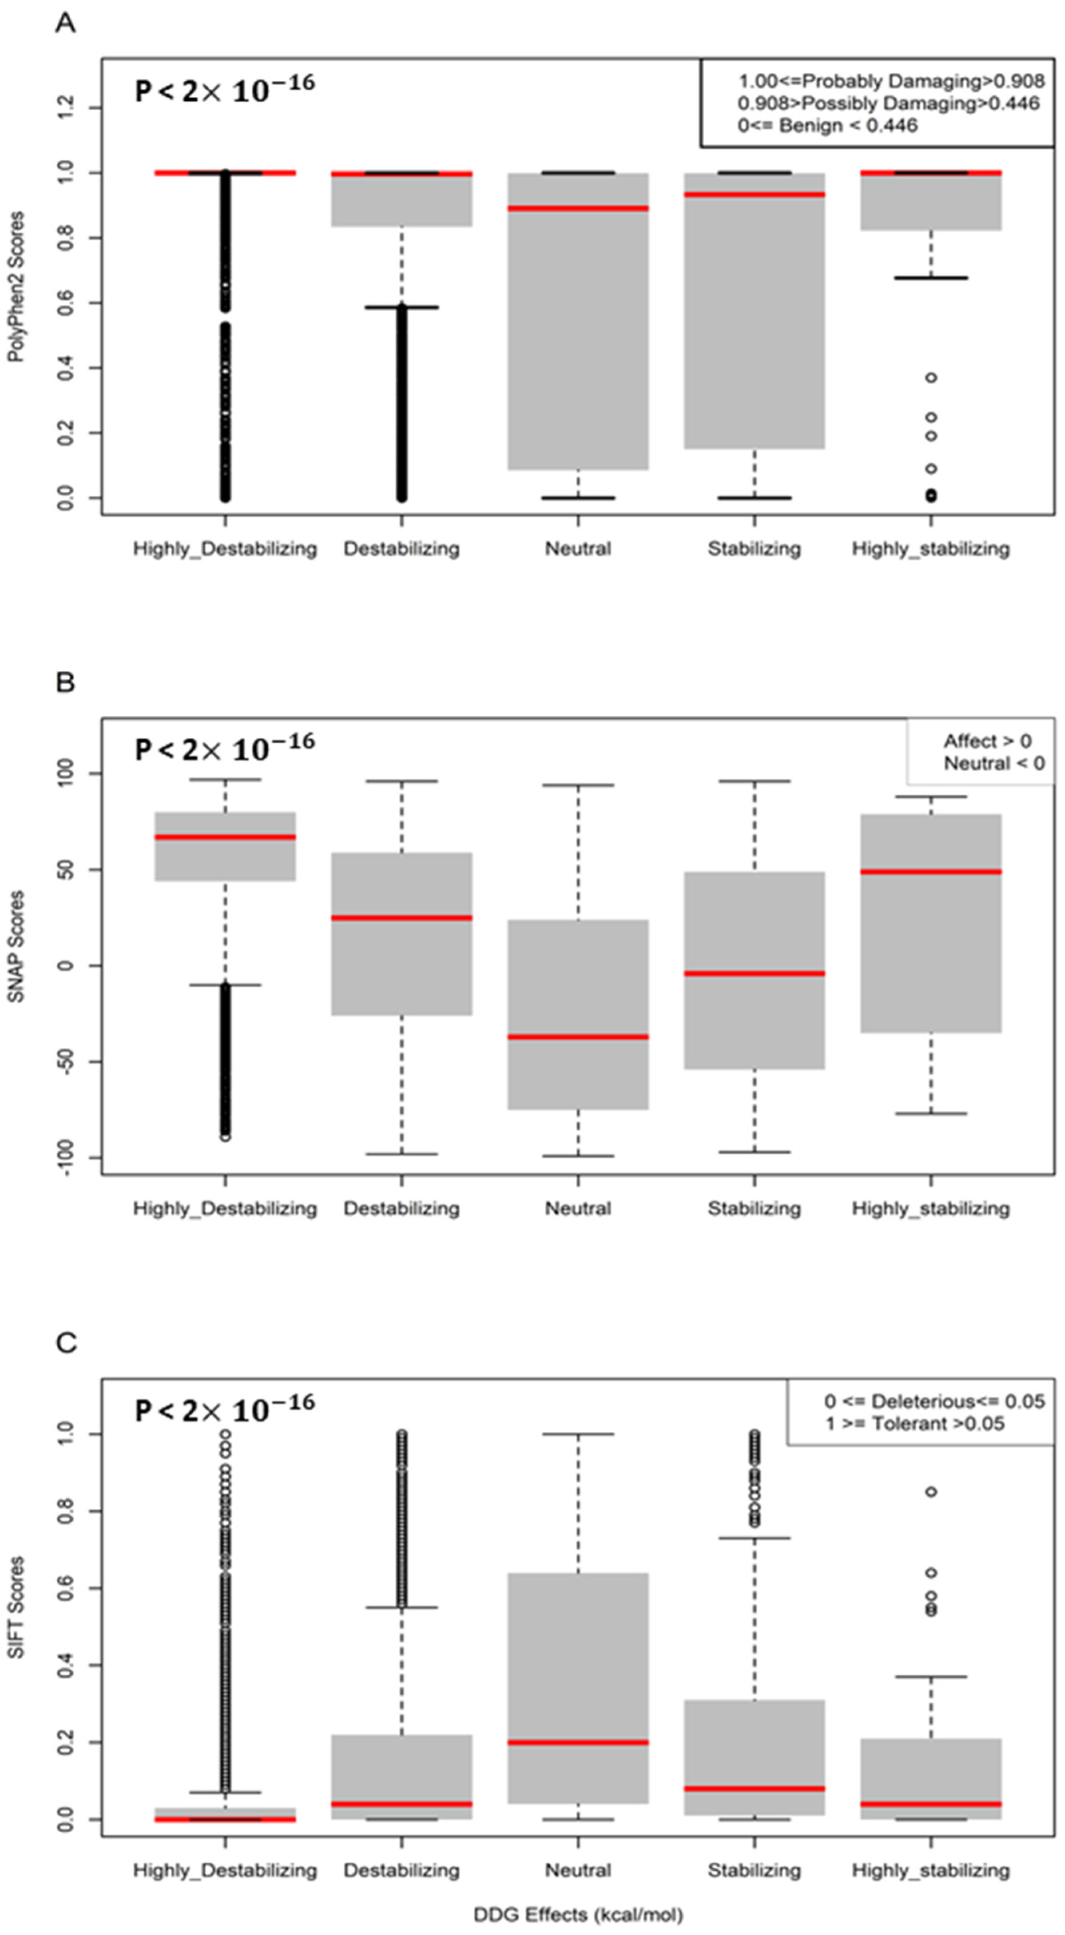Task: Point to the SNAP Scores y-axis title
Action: pyautogui.click(x=16, y=946)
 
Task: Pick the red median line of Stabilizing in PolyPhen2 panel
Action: pyautogui.click(x=754, y=195)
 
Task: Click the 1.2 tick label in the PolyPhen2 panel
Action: pyautogui.click(x=66, y=108)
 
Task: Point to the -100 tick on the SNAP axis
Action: pyautogui.click(x=66, y=1158)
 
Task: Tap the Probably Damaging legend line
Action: pyautogui.click(x=891, y=81)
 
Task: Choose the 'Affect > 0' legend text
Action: pyautogui.click(x=987, y=741)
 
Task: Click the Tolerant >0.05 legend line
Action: pyautogui.click(x=915, y=1423)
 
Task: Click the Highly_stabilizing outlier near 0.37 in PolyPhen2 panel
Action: pyautogui.click(x=930, y=378)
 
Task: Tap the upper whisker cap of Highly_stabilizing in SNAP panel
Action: pyautogui.click(x=930, y=796)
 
